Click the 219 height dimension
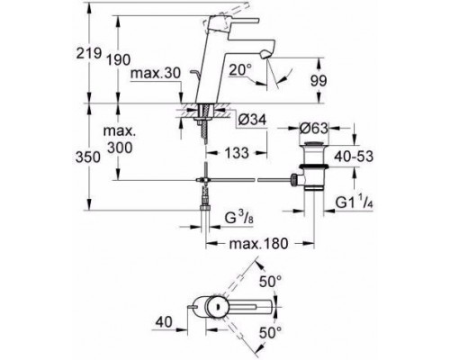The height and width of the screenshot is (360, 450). pyautogui.click(x=89, y=53)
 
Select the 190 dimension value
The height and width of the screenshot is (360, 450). pyautogui.click(x=118, y=60)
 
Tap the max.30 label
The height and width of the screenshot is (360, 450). pyautogui.click(x=156, y=73)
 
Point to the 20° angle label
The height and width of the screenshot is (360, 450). pyautogui.click(x=240, y=70)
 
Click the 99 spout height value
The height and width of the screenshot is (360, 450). pyautogui.click(x=319, y=81)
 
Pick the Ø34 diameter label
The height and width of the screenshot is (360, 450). pyautogui.click(x=252, y=121)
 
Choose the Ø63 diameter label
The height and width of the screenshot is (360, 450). pyautogui.click(x=314, y=129)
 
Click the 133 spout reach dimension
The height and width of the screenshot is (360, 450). pyautogui.click(x=237, y=153)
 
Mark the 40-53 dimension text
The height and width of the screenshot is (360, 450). pyautogui.click(x=354, y=157)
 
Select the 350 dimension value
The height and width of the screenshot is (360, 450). pyautogui.click(x=88, y=157)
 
